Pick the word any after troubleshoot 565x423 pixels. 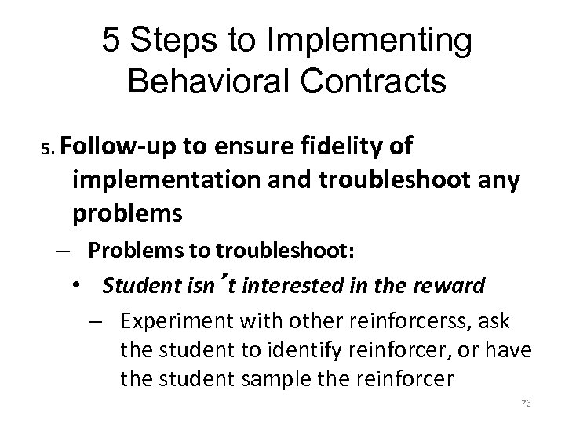tap(494, 180)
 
